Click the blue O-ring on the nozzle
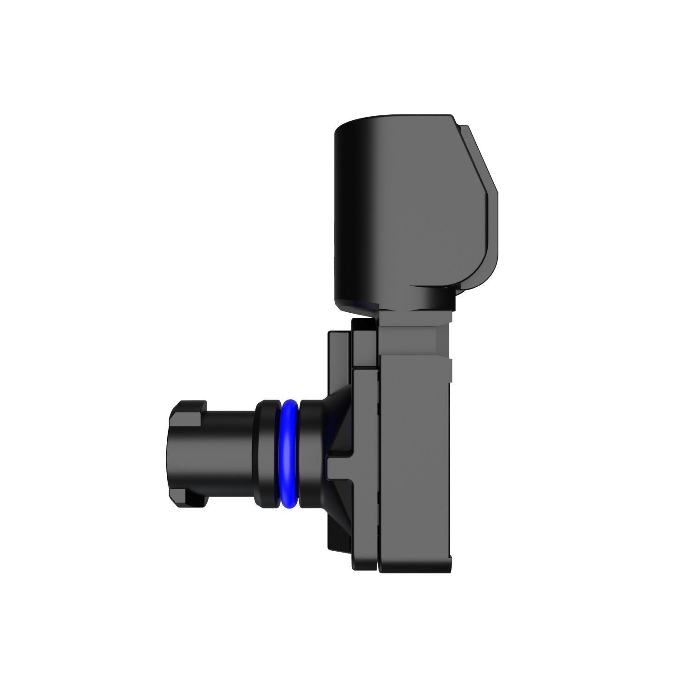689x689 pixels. click(x=288, y=455)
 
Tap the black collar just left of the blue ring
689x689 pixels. click(x=266, y=455)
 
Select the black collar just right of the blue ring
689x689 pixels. click(x=309, y=455)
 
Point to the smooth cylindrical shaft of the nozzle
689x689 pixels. click(x=230, y=455)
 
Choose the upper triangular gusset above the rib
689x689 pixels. click(x=340, y=427)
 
